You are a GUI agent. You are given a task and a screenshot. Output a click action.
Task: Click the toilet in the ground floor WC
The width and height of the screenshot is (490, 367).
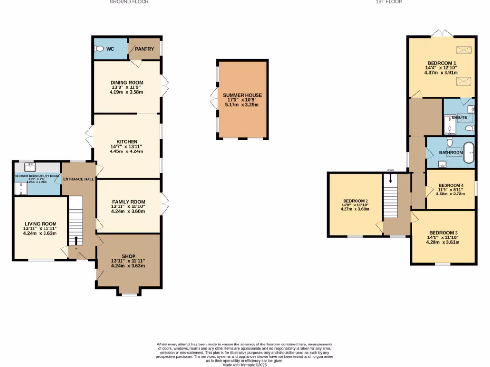[x=100, y=49]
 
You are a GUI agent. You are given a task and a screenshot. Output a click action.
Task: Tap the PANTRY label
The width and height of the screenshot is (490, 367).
[x=145, y=49]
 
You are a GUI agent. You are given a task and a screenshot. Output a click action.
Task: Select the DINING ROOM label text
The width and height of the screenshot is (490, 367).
[x=127, y=83]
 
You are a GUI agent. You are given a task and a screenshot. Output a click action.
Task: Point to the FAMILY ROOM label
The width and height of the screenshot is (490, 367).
[x=128, y=202]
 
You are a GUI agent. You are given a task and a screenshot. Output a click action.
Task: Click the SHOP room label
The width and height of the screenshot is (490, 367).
[x=128, y=256]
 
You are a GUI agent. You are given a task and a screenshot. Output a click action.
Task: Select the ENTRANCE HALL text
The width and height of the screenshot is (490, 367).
[x=79, y=179]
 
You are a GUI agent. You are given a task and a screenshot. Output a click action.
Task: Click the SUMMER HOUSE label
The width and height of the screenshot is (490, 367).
[x=242, y=95]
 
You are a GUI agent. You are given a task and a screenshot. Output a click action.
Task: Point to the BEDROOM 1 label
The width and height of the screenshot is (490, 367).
[x=441, y=63]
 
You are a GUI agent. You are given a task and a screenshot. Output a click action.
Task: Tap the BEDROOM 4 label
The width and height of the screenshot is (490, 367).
[x=451, y=185]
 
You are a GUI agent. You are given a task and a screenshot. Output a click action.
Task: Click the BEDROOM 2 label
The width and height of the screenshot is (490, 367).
[x=355, y=201]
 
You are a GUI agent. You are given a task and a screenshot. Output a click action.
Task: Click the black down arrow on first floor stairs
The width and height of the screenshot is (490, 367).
[x=391, y=178]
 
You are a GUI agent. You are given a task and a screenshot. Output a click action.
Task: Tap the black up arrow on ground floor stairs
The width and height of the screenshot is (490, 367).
[x=76, y=239]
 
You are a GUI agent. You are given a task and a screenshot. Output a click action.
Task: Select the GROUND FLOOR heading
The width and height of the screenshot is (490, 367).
[x=129, y=2]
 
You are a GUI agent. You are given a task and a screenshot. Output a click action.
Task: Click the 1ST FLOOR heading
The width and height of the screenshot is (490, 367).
[x=389, y=2]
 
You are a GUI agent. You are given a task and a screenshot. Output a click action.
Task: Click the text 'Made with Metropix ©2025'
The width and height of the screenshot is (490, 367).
[x=245, y=365]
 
